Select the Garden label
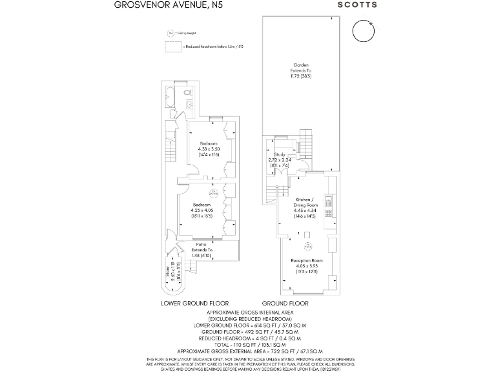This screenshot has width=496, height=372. (x=301, y=65)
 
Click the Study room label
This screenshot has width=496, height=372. (x=280, y=155)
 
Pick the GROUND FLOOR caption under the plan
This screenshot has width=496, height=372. (x=285, y=303)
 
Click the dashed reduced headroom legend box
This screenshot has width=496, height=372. (x=173, y=46)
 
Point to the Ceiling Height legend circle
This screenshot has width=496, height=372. (x=171, y=32)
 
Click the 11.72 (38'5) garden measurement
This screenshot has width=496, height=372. (x=301, y=76)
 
